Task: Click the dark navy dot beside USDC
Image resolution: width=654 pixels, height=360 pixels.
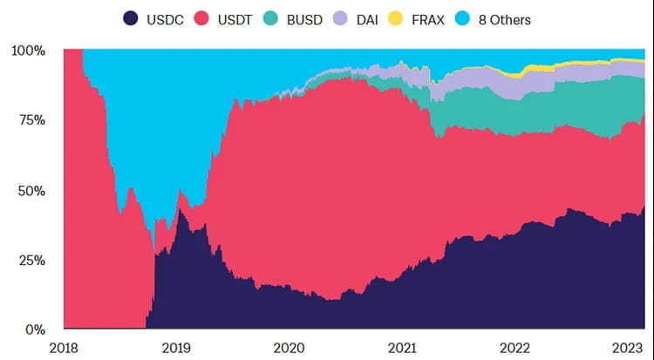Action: [x=131, y=18]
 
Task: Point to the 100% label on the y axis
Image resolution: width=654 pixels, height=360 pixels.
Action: [x=29, y=51]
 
